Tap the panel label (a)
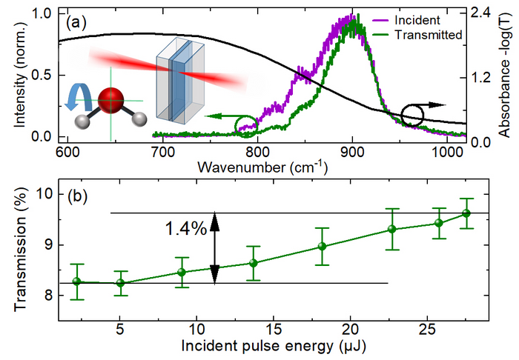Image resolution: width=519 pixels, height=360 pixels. pos(76,21)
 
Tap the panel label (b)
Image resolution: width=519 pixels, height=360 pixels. pos(76,198)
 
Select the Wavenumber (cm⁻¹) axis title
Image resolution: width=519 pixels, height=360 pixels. pos(264,167)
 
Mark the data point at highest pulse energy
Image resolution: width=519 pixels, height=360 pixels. pos(466,213)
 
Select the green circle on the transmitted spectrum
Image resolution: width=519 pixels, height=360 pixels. pos(247,127)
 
